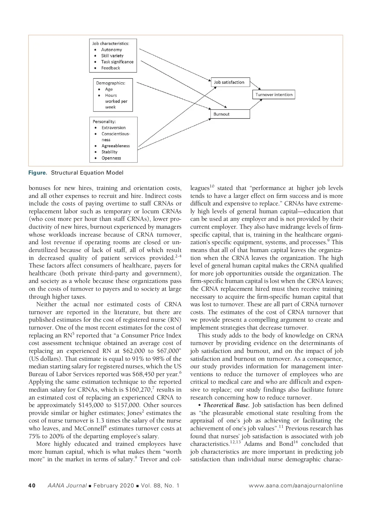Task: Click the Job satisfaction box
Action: point(230,83)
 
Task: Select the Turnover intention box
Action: point(273,95)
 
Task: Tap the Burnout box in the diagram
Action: point(230,114)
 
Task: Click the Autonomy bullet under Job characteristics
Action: point(111,50)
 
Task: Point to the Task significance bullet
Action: point(117,62)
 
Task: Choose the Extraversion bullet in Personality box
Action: point(113,128)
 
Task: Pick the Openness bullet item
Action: point(111,158)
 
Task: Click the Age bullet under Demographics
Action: point(109,89)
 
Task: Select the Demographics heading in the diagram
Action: point(111,83)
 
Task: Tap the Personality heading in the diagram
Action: point(104,122)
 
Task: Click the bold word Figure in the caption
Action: point(38,173)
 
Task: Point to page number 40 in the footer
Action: point(32,486)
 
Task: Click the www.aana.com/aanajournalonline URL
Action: point(295,486)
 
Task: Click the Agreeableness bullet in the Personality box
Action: point(115,146)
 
